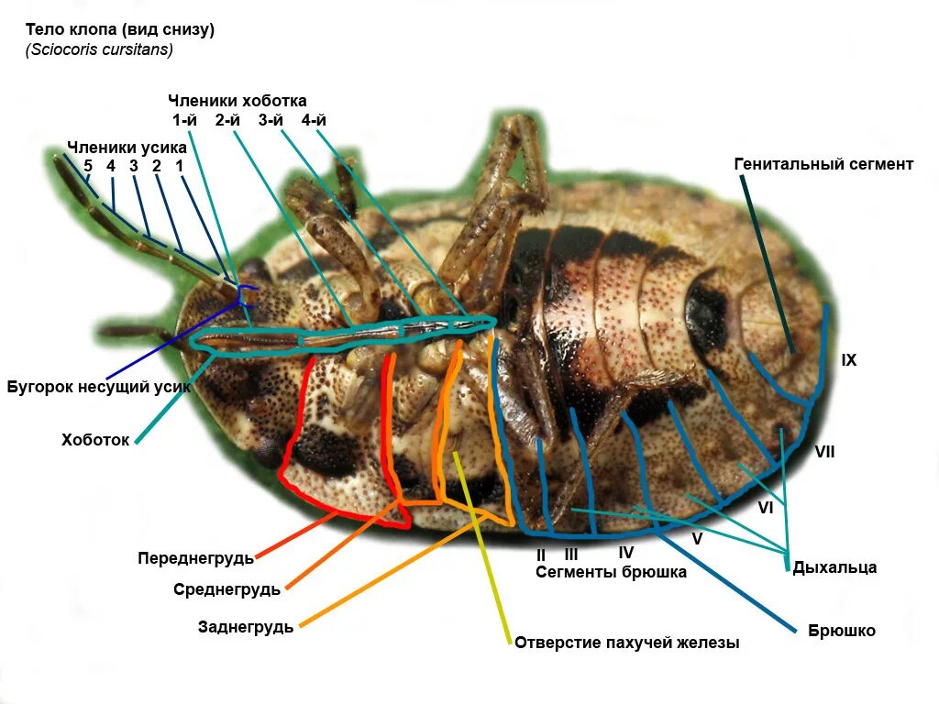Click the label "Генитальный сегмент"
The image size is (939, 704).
coord(823,164)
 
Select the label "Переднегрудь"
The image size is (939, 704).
coord(195,557)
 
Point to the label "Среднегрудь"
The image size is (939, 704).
coord(226,589)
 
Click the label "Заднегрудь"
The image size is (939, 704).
coord(246,627)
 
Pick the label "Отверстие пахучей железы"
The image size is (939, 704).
coord(626,643)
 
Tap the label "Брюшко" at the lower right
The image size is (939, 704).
coord(842,631)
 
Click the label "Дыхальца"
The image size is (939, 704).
coord(834,567)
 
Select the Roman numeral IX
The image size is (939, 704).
coord(849,360)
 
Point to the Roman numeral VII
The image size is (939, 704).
coord(824,451)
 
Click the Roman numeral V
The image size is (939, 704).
coord(697,539)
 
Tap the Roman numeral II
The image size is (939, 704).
coord(541,555)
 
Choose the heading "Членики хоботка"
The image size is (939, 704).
coord(237,101)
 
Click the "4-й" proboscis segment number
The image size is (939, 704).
coord(314,120)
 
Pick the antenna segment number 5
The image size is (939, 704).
coord(88,166)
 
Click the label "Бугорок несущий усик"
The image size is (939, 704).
coord(99,387)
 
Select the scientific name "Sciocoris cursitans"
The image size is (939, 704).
coord(99,49)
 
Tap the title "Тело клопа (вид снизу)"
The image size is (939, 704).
coord(119,29)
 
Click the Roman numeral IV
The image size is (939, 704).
coord(625,553)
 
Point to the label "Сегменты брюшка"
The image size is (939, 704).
coord(611,572)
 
